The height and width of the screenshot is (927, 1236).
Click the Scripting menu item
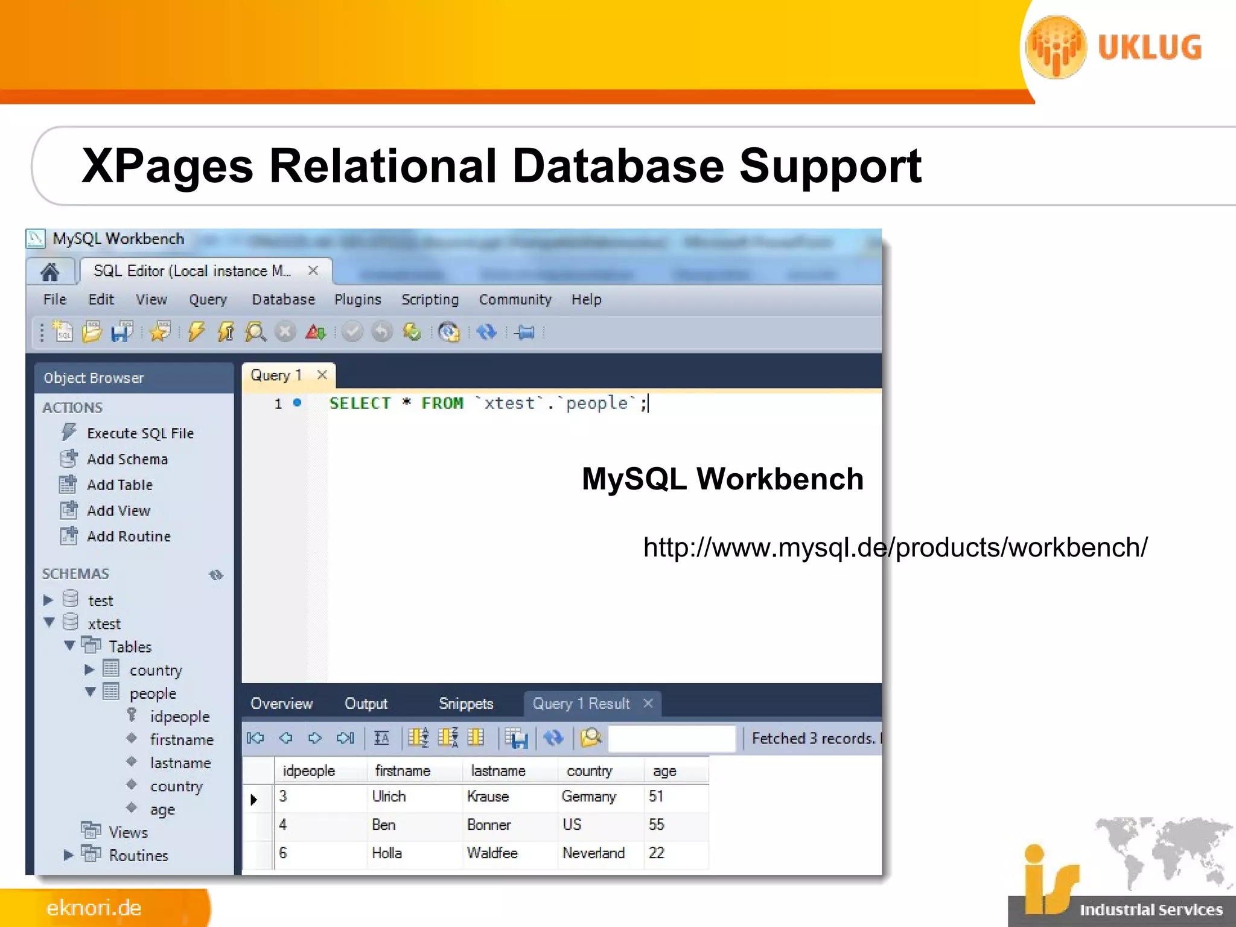430,300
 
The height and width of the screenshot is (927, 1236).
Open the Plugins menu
357,300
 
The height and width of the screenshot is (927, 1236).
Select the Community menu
515,300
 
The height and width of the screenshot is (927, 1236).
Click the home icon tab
50,272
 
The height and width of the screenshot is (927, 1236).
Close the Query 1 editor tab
322,375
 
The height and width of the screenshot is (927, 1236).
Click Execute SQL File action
140,433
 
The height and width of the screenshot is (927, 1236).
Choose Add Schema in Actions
127,459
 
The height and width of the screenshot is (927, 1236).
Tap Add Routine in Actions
129,537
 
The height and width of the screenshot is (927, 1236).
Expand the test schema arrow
48,600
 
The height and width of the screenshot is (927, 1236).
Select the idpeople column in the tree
179,716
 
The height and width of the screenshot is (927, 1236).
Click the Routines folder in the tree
138,855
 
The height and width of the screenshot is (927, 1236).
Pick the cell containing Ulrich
389,797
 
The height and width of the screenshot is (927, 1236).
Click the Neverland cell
593,853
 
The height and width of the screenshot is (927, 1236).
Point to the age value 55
656,824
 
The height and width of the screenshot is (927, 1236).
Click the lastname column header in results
498,771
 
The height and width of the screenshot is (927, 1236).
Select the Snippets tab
465,704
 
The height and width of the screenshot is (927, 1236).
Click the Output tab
366,704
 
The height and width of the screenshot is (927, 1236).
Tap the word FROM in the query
442,403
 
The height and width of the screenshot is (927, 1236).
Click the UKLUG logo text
1149,48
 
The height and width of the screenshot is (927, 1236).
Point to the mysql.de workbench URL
895,548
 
